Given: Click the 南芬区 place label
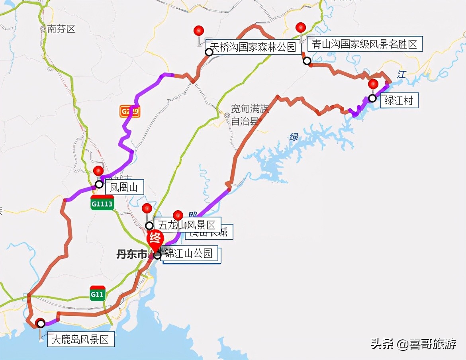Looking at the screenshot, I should pyautogui.click(x=61, y=29).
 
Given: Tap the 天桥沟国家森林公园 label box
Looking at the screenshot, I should pyautogui.click(x=253, y=47).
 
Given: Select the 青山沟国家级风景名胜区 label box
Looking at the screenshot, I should pyautogui.click(x=365, y=44).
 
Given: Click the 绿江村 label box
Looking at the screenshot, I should pyautogui.click(x=399, y=100).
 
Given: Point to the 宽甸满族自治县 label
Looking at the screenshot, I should pyautogui.click(x=250, y=115).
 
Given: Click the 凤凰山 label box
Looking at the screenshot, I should pyautogui.click(x=124, y=187).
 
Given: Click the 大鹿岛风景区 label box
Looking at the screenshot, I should pyautogui.click(x=80, y=340).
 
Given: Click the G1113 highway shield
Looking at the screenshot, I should pyautogui.click(x=102, y=203).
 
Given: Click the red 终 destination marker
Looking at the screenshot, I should pyautogui.click(x=155, y=239).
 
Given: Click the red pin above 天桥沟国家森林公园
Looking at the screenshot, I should pyautogui.click(x=198, y=31).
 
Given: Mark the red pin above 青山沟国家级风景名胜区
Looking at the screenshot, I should pyautogui.click(x=301, y=27).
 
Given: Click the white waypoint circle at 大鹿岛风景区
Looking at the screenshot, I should pyautogui.click(x=41, y=323).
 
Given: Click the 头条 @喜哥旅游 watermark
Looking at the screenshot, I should pyautogui.click(x=413, y=344).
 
